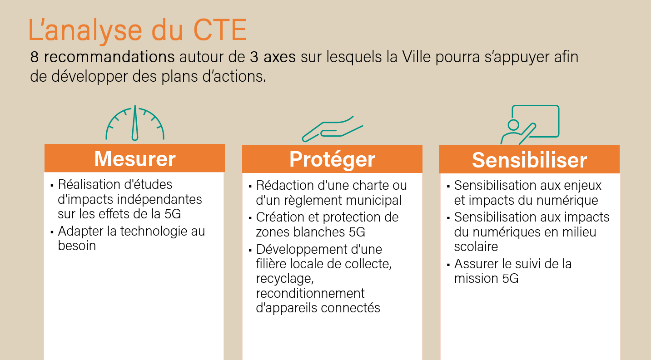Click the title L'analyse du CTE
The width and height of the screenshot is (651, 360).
coord(137,30)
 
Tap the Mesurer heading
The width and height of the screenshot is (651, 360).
coord(135,158)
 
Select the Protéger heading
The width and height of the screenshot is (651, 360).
coord(332,159)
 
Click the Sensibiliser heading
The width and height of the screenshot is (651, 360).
coord(529,160)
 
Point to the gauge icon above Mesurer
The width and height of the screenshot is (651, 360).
coord(135,123)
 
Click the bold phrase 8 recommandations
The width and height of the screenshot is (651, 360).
coord(102,58)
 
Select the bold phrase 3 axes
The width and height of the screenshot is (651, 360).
coord(273,58)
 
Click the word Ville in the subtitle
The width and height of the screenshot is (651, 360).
coord(415,58)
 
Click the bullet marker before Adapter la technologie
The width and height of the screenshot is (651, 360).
coord(52,232)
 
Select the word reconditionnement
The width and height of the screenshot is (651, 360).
coord(310,293)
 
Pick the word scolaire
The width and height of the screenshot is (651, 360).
coord(476,247)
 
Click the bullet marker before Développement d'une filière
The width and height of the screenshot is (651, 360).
coord(250,250)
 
